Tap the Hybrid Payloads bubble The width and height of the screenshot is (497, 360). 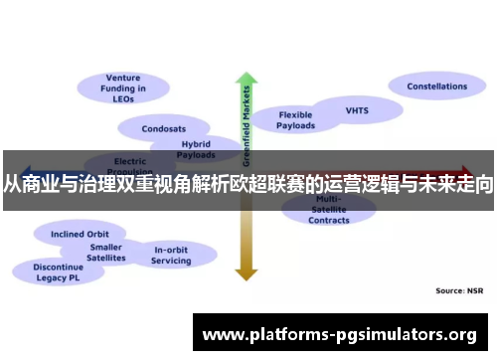pos(195,149)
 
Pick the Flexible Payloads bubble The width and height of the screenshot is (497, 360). pos(296,119)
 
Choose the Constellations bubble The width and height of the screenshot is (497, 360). pos(435,87)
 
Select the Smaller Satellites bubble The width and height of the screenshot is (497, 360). pos(106,253)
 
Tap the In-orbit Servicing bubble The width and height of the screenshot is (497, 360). pos(171,255)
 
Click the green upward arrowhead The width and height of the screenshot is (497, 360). pos(245,79)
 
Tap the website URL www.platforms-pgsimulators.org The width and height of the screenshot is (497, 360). pos(339,334)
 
